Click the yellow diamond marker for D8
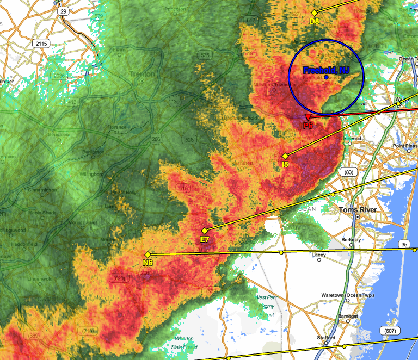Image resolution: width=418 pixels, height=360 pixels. coord(314,13)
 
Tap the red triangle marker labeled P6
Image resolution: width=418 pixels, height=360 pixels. coord(308,117)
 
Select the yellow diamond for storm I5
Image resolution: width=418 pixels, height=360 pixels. coord(285,156)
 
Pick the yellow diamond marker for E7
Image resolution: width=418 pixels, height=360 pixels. coord(205,231)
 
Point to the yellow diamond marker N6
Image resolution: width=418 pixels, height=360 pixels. coord(147,255)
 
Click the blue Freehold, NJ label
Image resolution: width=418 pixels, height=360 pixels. coord(326,70)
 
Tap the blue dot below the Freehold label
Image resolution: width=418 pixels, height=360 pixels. coord(326,77)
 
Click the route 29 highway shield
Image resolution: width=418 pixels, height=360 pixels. coord(64,11)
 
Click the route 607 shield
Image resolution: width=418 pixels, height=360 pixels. coord(390,331)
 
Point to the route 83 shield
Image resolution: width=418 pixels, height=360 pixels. coord(349,172)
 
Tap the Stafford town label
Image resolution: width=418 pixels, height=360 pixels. coord(326,338)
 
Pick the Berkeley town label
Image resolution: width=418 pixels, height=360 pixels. coord(351,239)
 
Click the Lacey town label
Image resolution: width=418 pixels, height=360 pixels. coord(319,255)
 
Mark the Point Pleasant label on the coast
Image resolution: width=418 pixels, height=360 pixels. coord(405,146)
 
